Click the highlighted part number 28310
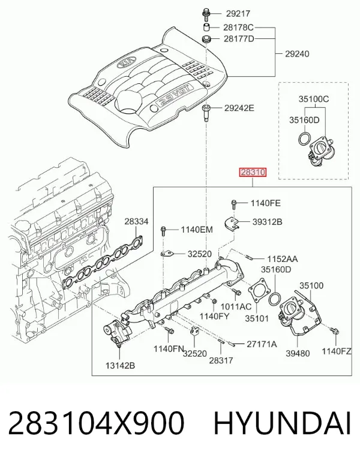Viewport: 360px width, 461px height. tap(253, 172)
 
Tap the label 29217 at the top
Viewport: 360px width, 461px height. tap(238, 14)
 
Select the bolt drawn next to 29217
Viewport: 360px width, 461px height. tap(206, 13)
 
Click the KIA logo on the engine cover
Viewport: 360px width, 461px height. tap(127, 63)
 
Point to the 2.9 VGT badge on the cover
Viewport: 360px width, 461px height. tap(175, 95)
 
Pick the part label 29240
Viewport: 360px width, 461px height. tap(297, 54)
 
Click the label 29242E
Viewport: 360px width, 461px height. tap(239, 108)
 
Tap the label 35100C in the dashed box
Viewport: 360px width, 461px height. tap(314, 99)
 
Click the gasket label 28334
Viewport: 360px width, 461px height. tap(136, 222)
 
